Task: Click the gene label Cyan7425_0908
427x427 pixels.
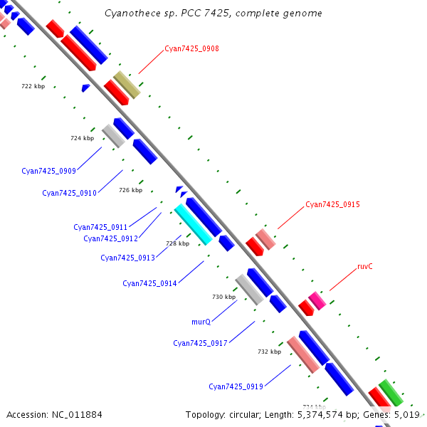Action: click(x=191, y=48)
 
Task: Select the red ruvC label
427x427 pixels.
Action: click(x=364, y=266)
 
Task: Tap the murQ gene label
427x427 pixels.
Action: click(x=201, y=322)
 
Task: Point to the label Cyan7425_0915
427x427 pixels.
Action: click(x=332, y=204)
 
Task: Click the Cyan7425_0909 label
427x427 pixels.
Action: click(x=48, y=171)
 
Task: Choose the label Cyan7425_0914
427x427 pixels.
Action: click(x=149, y=283)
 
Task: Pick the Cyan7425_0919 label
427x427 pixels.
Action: click(x=236, y=386)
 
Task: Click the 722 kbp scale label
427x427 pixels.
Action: click(x=33, y=86)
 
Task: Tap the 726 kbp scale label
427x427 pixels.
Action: click(x=131, y=190)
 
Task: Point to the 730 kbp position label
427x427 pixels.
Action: click(x=224, y=297)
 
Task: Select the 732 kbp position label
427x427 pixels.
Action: click(x=269, y=352)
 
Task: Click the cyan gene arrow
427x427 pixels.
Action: click(x=194, y=224)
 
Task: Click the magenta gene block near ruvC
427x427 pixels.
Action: click(x=317, y=300)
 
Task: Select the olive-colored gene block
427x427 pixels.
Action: click(x=127, y=85)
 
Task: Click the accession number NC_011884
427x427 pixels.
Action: click(x=77, y=415)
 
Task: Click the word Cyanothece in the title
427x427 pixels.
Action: click(x=132, y=13)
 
